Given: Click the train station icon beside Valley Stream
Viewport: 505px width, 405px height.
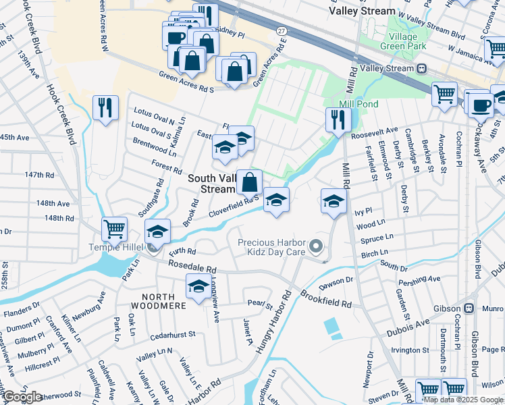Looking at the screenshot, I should [422, 68].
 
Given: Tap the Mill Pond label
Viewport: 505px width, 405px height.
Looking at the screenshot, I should [358, 104].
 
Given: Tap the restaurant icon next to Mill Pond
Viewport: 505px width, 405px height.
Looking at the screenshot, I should [337, 120].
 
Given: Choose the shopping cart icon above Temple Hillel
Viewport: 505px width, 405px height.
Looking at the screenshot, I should [114, 229].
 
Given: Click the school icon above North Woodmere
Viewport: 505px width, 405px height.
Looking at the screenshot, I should [198, 287].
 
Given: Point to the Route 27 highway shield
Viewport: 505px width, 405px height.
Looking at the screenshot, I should [282, 31].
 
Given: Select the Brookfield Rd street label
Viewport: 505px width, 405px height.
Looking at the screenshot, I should [326, 299].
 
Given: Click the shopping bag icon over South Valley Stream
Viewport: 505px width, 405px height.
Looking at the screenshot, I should [249, 182].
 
